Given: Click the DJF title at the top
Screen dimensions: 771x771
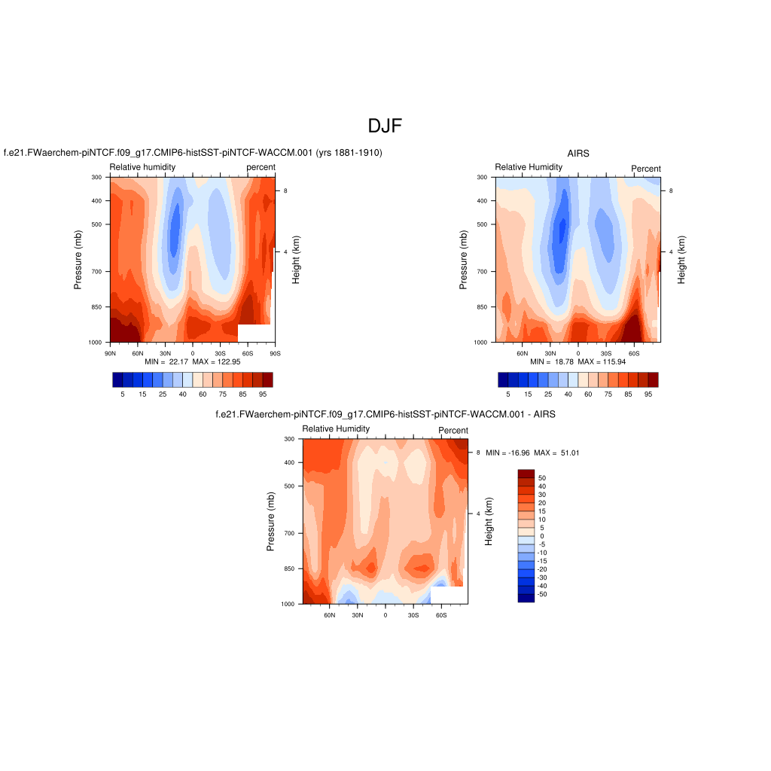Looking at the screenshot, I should pyautogui.click(x=385, y=126).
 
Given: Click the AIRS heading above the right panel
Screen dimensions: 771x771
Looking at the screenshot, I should pyautogui.click(x=578, y=153).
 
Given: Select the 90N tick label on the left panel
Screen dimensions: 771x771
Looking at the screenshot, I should pyautogui.click(x=109, y=352).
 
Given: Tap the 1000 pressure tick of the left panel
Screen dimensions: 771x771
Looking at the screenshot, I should pyautogui.click(x=96, y=343).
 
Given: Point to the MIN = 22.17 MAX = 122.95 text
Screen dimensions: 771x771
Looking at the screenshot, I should pyautogui.click(x=192, y=362).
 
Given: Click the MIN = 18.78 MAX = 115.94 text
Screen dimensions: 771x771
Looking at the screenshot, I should pyautogui.click(x=577, y=362).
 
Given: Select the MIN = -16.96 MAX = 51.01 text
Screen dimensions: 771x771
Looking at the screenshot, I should pyautogui.click(x=532, y=453).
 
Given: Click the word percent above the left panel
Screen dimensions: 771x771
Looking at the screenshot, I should pyautogui.click(x=261, y=167).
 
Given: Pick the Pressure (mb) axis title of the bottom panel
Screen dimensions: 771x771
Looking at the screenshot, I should pyautogui.click(x=270, y=520).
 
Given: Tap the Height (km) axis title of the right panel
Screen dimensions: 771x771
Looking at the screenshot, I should pyautogui.click(x=681, y=260).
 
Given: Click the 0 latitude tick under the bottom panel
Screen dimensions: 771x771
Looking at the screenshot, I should pyautogui.click(x=385, y=615).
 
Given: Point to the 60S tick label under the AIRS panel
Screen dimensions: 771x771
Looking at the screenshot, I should pyautogui.click(x=633, y=353).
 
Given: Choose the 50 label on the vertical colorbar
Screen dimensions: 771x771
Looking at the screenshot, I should pyautogui.click(x=541, y=478).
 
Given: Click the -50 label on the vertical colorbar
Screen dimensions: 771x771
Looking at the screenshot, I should pyautogui.click(x=542, y=594).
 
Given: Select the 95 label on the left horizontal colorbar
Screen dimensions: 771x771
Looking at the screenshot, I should pyautogui.click(x=263, y=394).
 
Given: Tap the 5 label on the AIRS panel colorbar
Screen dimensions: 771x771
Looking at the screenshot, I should pyautogui.click(x=508, y=394).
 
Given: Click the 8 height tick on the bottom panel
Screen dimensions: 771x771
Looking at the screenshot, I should pyautogui.click(x=478, y=453).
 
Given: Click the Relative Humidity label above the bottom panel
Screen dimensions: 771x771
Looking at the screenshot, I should pyautogui.click(x=336, y=428).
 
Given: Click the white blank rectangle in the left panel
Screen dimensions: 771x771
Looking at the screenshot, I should pyautogui.click(x=254, y=333).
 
